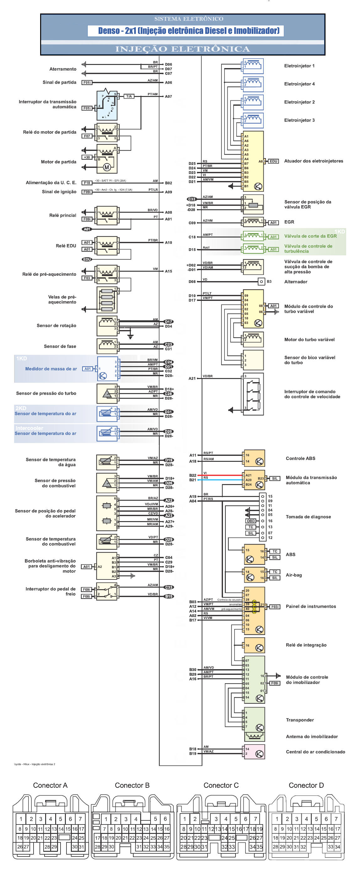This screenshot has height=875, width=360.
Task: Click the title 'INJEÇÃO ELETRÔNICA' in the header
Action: (183, 49)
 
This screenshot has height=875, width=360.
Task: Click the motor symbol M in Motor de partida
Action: (107, 167)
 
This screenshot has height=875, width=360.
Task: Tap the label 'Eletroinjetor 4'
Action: (299, 84)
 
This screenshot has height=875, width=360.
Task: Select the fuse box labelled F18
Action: (87, 183)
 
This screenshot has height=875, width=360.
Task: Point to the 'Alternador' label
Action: (295, 282)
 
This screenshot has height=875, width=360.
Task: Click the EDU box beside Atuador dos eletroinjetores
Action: (273, 161)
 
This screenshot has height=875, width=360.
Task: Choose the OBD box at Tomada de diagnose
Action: (251, 521)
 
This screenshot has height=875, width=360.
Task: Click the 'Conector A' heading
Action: (50, 785)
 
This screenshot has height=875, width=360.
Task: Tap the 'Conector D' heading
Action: (306, 785)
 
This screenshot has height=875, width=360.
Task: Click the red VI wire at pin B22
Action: (221, 475)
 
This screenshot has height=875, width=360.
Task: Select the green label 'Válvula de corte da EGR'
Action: (310, 236)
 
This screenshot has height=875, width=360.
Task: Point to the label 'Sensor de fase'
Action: (60, 346)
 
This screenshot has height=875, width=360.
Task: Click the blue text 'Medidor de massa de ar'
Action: (51, 369)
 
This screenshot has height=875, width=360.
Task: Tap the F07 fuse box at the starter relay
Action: (87, 136)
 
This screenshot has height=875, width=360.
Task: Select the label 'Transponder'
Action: (299, 720)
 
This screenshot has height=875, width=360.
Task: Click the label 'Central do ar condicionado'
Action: (315, 752)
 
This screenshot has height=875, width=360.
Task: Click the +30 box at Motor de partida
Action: (87, 157)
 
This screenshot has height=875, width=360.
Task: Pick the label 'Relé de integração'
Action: (306, 645)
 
